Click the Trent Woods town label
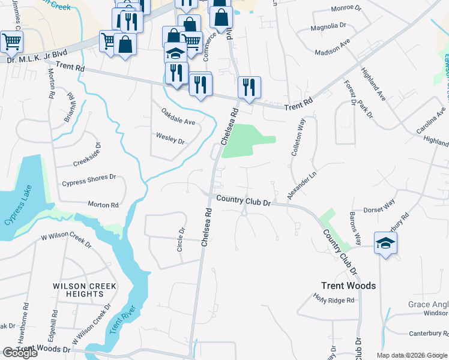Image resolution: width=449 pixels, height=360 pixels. pyautogui.click(x=348, y=286)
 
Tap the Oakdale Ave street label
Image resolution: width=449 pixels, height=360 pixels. pyautogui.click(x=178, y=117)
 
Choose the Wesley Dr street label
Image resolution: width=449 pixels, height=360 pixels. pyautogui.click(x=170, y=140)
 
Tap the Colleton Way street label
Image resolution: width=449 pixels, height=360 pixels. pyautogui.click(x=298, y=138)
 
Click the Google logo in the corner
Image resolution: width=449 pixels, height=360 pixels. pyautogui.click(x=19, y=353)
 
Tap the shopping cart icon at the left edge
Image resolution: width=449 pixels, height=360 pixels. pyautogui.click(x=11, y=41)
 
